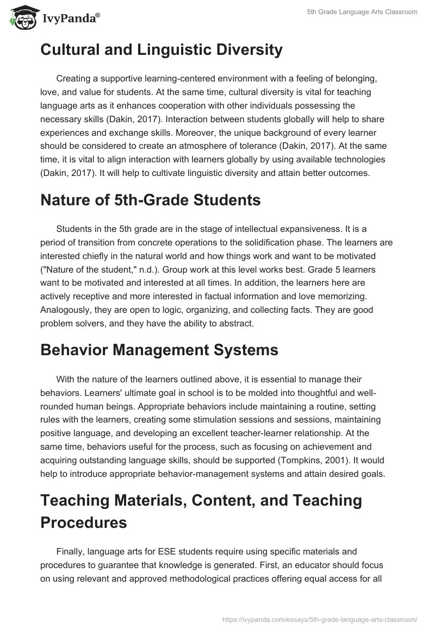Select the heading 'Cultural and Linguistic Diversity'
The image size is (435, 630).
161,50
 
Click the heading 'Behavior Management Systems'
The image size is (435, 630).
159,350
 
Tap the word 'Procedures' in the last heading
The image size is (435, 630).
84,522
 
